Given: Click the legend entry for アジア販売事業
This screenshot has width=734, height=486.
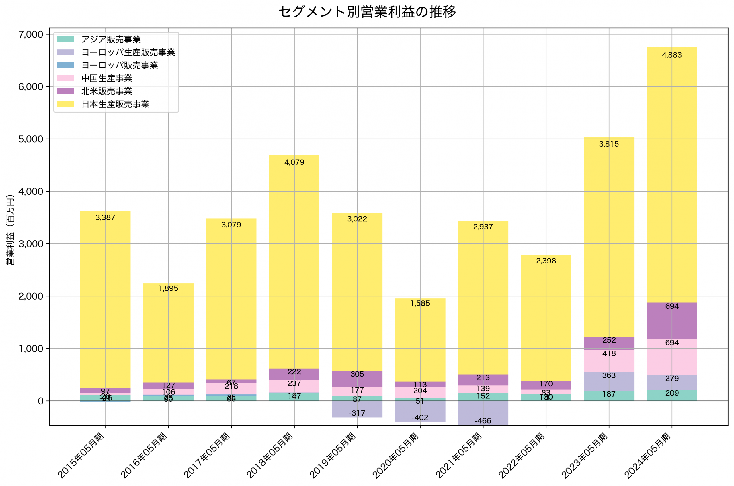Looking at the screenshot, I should click(x=111, y=39).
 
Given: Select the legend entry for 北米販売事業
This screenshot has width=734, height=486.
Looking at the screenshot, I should click(x=106, y=91).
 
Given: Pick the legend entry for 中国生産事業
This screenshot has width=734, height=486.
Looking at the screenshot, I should click(x=106, y=78).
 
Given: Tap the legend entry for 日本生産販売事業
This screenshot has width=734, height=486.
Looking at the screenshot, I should click(x=115, y=104).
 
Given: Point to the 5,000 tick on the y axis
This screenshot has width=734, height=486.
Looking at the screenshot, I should click(x=31, y=139).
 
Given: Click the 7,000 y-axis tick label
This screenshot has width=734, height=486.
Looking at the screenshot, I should click(x=31, y=34).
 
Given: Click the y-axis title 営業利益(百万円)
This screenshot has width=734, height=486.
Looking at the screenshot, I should click(x=10, y=230).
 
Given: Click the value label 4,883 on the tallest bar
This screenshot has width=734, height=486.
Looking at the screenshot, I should click(x=672, y=55).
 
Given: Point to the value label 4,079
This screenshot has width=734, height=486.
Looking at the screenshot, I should click(x=294, y=162).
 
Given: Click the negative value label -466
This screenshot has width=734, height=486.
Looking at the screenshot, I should click(x=483, y=421).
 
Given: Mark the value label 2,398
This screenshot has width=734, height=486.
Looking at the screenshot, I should click(x=546, y=261).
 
